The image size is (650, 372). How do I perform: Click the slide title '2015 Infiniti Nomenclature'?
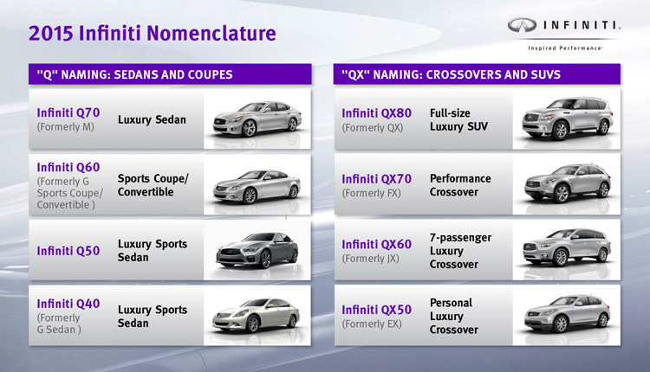(153, 34)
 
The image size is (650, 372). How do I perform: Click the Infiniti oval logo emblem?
(522, 25)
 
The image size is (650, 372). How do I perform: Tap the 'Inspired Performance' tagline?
(565, 48)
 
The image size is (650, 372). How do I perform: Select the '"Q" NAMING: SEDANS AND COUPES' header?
(134, 74)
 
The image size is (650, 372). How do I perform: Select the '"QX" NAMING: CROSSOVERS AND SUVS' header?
(451, 74)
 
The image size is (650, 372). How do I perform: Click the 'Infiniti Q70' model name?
(68, 112)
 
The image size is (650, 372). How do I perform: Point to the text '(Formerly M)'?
(66, 127)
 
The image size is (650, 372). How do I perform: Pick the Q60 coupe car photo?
(257, 186)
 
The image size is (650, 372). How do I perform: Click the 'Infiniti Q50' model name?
(68, 251)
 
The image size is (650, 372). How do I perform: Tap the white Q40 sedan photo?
(257, 315)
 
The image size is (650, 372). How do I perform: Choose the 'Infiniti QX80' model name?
(376, 113)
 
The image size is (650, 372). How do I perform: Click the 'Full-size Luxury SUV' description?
(458, 119)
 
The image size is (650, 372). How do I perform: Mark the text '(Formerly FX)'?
(372, 193)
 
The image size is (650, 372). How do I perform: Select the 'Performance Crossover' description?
(460, 185)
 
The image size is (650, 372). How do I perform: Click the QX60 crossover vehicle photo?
(567, 247)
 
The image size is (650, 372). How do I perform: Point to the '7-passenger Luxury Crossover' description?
(460, 251)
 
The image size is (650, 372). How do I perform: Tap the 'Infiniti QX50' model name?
(376, 310)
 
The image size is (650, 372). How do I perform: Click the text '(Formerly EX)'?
(372, 324)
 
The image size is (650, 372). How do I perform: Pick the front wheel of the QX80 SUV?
(561, 130)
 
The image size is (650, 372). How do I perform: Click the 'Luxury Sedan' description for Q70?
(152, 119)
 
